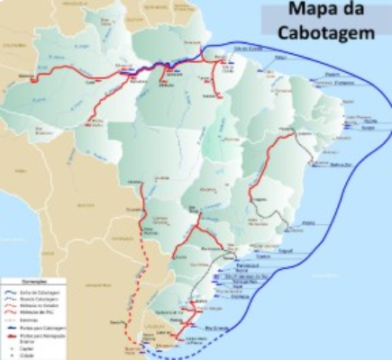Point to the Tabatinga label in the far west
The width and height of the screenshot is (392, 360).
[x=34, y=80]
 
